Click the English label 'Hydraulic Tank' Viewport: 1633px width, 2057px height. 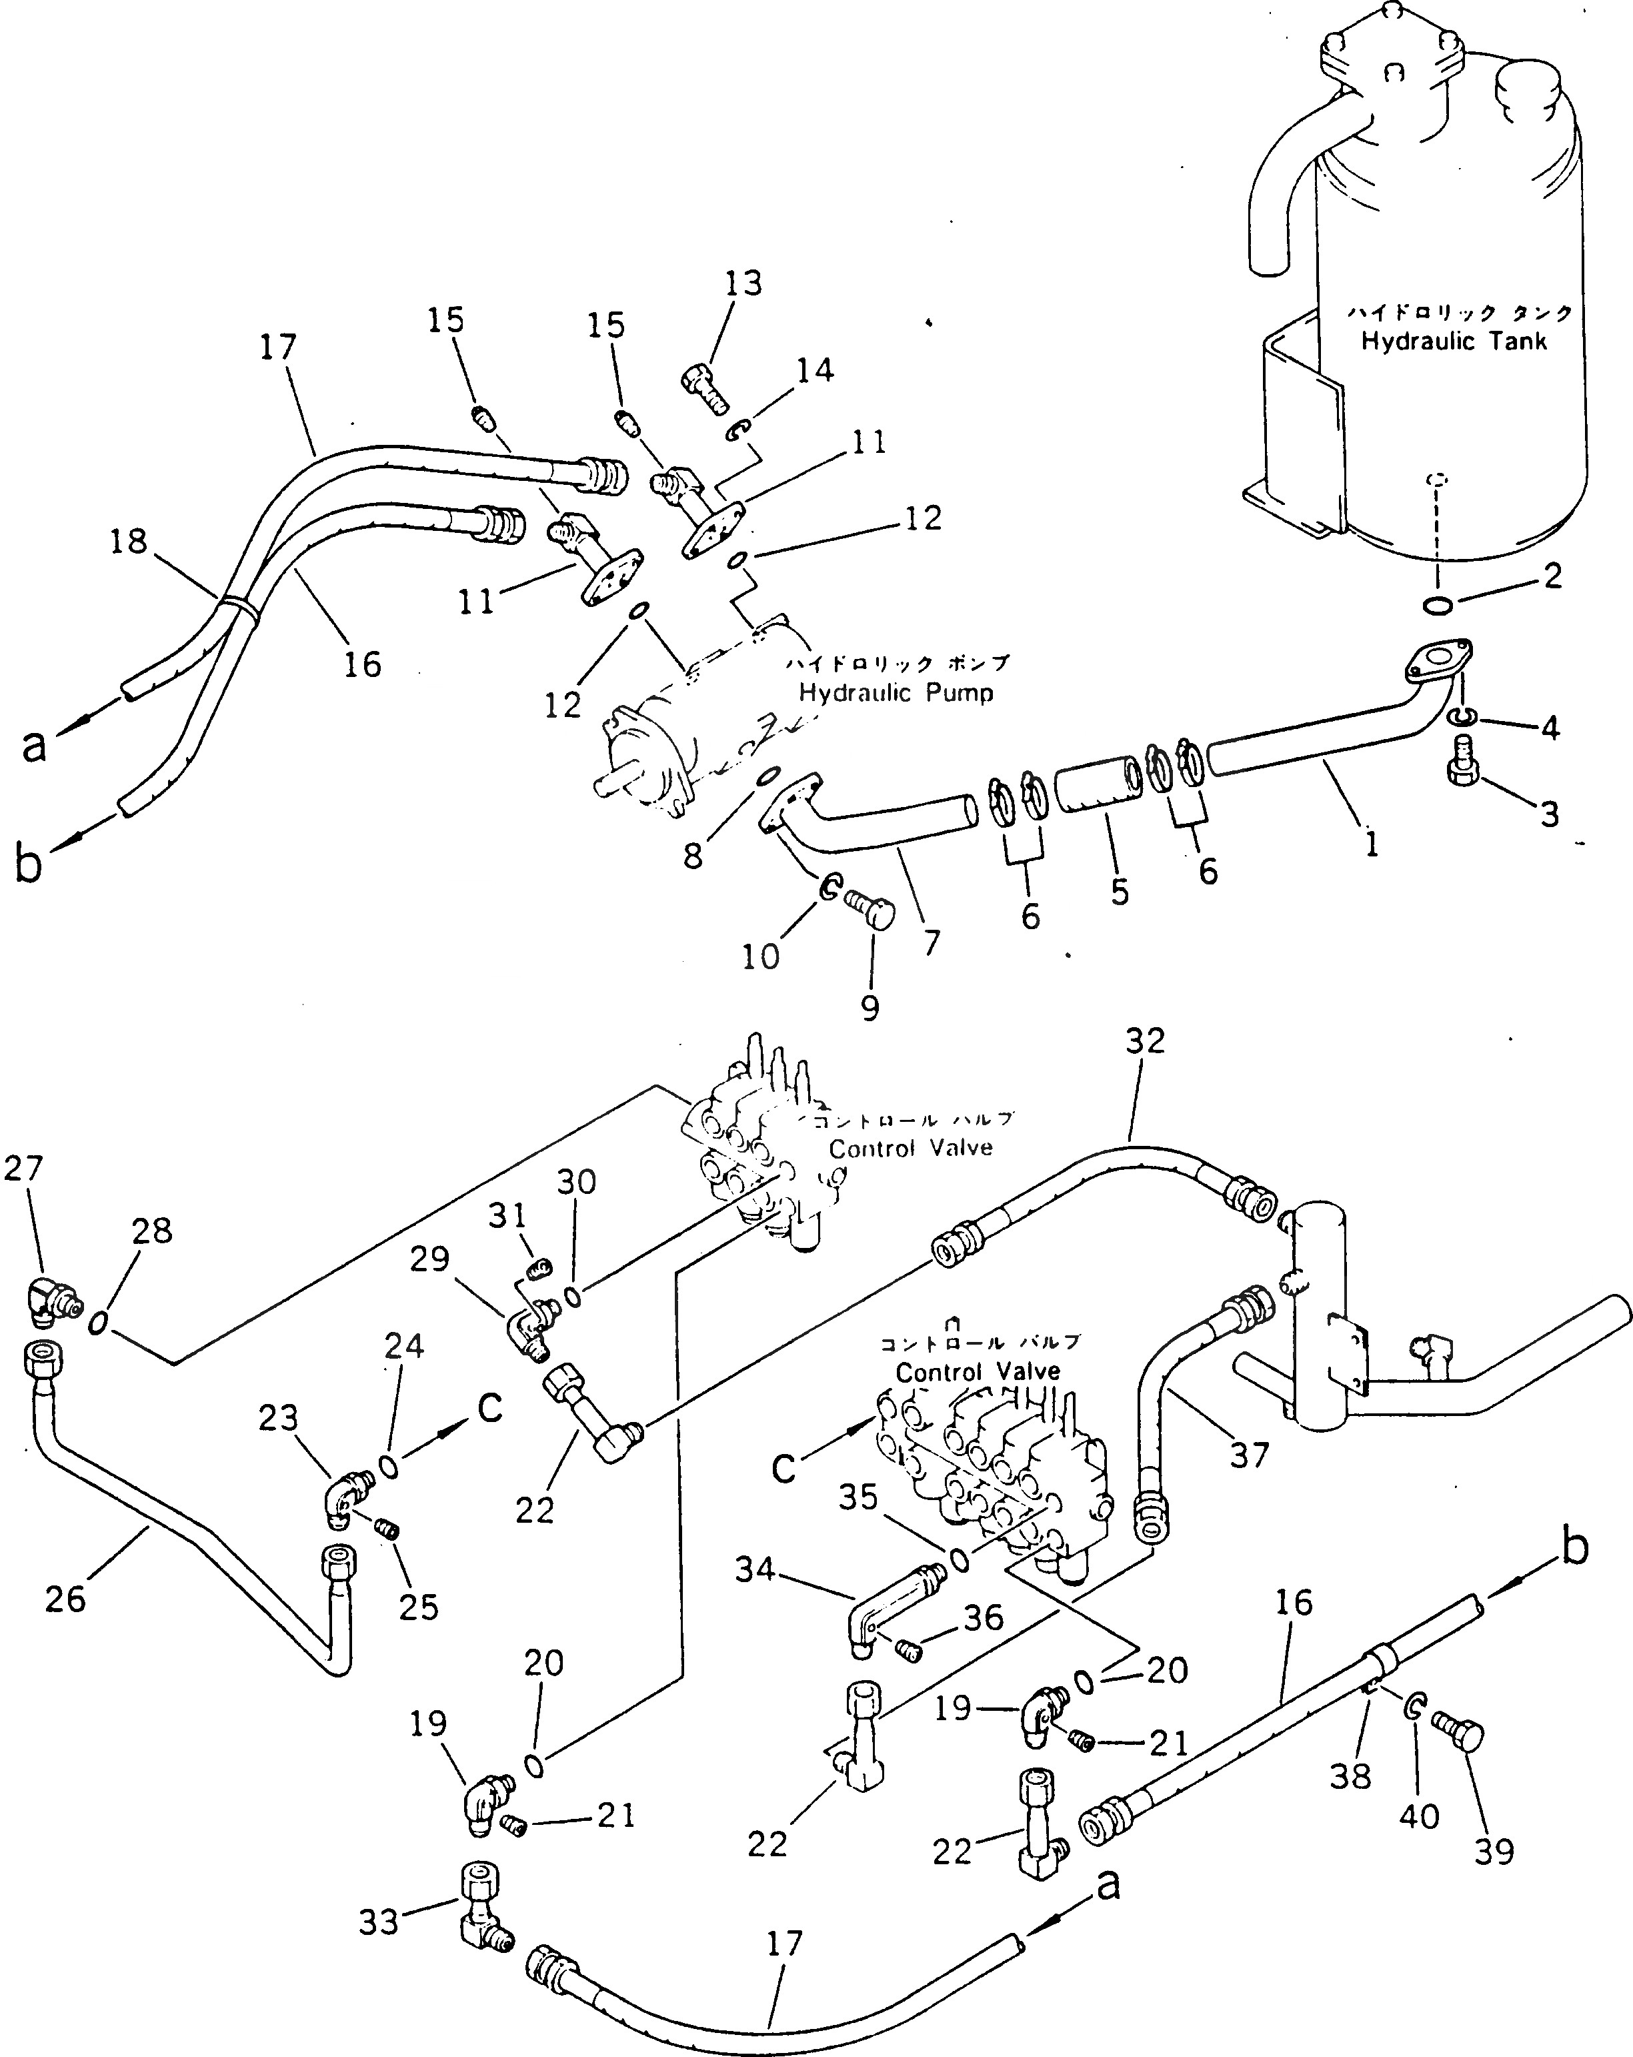click(1453, 341)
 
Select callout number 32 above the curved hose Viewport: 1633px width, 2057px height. click(1145, 1041)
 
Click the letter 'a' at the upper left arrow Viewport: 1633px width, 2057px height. click(33, 745)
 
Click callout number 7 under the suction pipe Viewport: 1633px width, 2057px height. click(931, 942)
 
